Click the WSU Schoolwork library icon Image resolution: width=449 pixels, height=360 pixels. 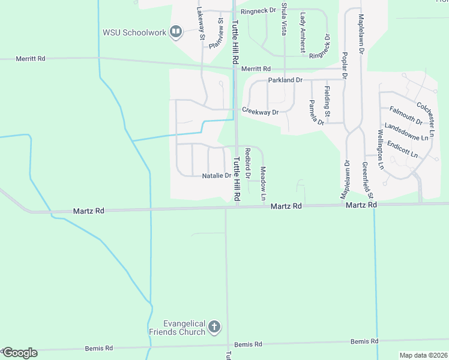coord(176,31)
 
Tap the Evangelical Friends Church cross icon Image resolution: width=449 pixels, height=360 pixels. coord(214,328)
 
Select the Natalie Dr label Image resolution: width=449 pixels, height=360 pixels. coord(216,176)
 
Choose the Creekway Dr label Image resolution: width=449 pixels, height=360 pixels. coord(260,112)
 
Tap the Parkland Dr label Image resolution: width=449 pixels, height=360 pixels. coord(285,80)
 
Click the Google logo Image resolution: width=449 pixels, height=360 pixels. coord(19,353)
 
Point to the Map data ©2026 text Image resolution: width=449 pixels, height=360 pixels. coord(423,355)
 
